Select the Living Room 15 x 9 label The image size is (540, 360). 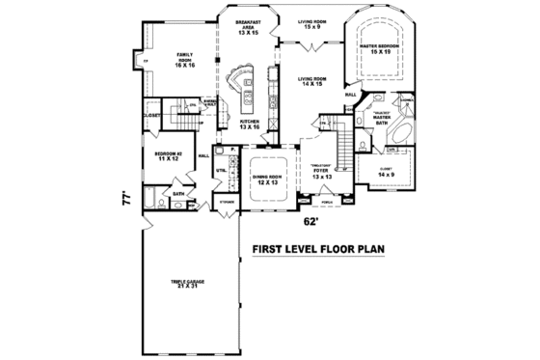pyautogui.click(x=310, y=23)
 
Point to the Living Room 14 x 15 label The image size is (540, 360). pyautogui.click(x=310, y=83)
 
